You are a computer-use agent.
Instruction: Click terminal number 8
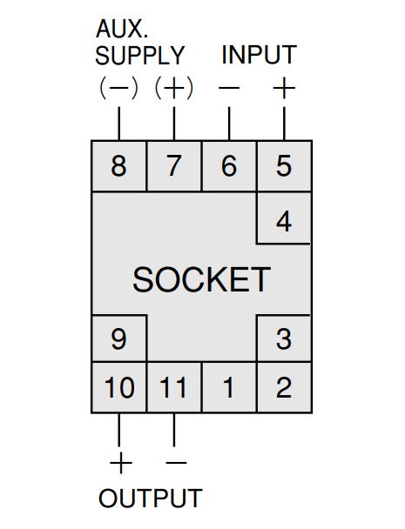118,165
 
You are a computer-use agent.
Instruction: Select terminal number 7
174,165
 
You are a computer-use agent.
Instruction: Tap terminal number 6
229,165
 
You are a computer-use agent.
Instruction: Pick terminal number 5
284,165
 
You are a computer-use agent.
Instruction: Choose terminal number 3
284,338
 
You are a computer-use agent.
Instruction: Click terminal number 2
284,387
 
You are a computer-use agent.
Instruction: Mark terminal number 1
229,387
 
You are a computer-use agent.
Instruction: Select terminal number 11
173,387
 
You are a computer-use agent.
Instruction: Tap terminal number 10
119,387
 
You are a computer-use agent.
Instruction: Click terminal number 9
118,338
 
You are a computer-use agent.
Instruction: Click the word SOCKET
202,279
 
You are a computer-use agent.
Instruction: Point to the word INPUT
259,54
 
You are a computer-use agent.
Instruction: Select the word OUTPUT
151,498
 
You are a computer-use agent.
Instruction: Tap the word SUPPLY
140,55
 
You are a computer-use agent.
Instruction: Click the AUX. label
122,29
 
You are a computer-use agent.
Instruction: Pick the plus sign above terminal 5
284,89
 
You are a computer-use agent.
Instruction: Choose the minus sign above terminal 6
229,89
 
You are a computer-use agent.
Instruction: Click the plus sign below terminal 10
121,463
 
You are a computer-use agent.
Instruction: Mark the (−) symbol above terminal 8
118,89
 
